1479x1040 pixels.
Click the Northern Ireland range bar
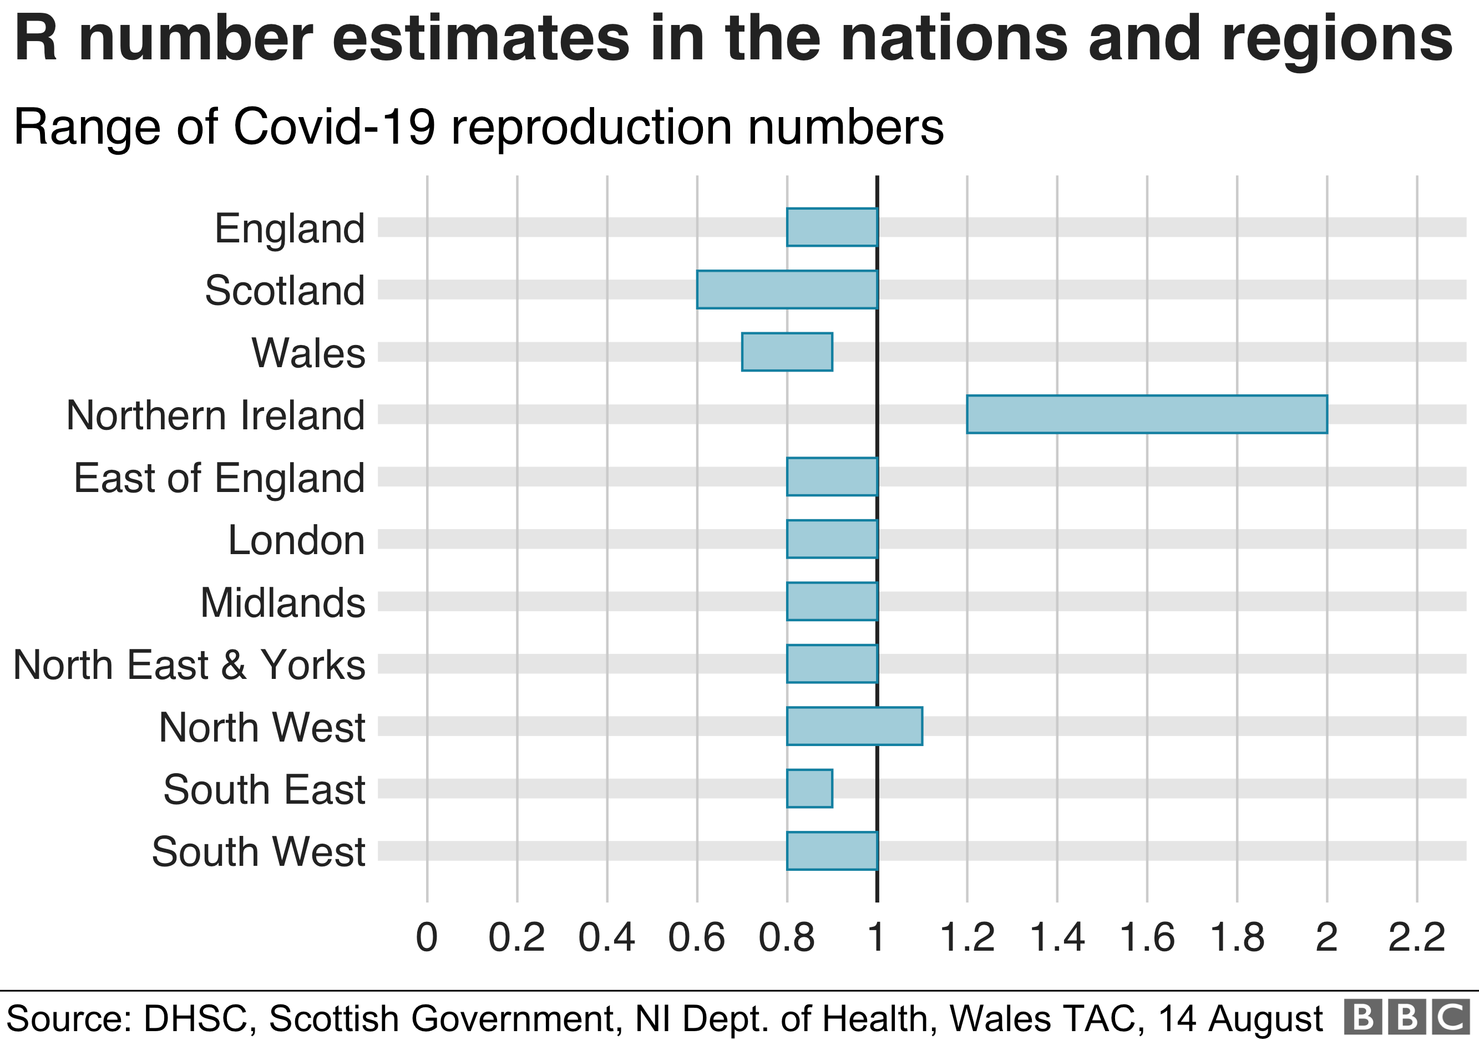point(1147,414)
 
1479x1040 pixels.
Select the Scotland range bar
point(787,290)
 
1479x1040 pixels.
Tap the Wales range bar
point(787,352)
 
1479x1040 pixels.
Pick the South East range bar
point(809,788)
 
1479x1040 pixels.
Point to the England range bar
point(832,227)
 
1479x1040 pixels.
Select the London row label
point(296,540)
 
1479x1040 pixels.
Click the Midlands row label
point(283,603)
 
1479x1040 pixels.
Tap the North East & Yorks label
point(189,664)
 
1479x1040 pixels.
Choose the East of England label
point(219,478)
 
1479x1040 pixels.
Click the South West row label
point(259,851)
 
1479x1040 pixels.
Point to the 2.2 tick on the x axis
point(1416,937)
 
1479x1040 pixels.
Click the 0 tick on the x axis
point(427,937)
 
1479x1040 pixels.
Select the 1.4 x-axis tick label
point(1057,937)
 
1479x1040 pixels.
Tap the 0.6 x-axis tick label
point(696,937)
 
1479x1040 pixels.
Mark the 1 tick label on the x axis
point(876,937)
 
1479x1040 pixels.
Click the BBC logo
point(1407,1018)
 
